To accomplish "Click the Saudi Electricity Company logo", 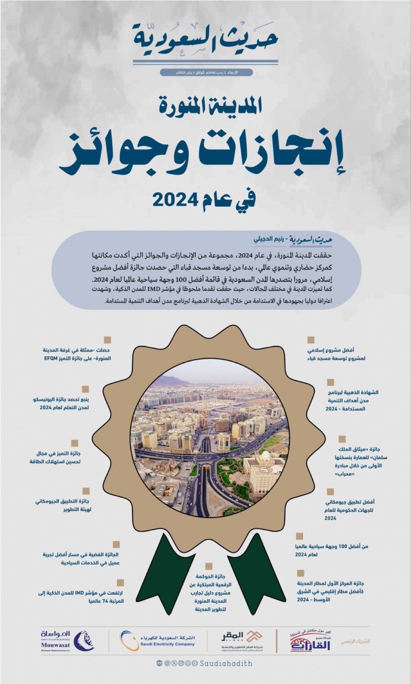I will click(x=158, y=641).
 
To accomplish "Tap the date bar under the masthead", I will click(x=205, y=72).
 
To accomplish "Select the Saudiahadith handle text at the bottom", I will click(x=226, y=663).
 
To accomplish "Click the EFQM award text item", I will click(x=77, y=354).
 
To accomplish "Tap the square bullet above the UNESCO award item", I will click(x=85, y=389).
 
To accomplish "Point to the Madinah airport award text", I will click(x=330, y=591).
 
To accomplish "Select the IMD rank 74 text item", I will click(x=83, y=597).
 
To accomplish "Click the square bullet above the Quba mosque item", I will click(x=311, y=340).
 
